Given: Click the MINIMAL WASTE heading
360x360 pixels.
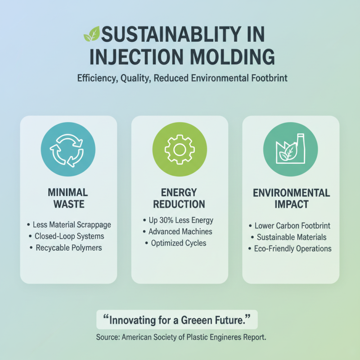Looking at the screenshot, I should point(68,198).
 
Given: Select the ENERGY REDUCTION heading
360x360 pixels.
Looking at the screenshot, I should point(179,198).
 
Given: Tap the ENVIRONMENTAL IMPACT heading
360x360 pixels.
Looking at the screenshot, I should point(291,198).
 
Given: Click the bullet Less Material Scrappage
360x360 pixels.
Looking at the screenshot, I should point(72,224).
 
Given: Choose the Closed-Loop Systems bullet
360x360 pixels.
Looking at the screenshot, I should point(69,236).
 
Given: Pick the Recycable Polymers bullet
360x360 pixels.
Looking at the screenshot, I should point(69,248).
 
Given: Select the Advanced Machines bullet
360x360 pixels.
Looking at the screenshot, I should point(180,232).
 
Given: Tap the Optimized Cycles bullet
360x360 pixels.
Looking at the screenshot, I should point(179,243).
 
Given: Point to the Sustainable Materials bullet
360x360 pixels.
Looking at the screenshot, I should point(291,237).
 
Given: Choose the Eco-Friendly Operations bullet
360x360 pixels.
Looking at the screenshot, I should point(293,248).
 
